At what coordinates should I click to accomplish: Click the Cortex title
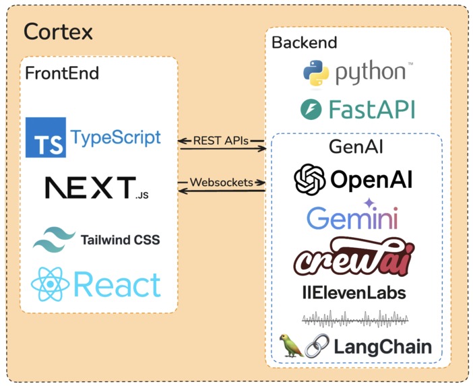tap(58, 32)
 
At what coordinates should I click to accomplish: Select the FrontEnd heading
tap(61, 73)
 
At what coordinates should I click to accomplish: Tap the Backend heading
tap(304, 42)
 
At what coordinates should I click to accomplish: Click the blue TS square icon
tap(45, 137)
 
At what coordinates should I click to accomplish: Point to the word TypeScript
tap(116, 138)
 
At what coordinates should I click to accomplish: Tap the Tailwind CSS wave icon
tap(54, 238)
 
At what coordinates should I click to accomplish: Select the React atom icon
tap(51, 284)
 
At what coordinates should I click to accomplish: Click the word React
tap(117, 285)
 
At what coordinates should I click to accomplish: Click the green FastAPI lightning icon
tap(313, 109)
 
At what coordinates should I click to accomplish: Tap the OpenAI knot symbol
tap(310, 179)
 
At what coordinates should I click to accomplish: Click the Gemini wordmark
tap(352, 217)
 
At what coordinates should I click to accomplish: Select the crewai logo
tap(354, 257)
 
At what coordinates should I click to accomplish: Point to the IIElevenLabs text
tap(354, 293)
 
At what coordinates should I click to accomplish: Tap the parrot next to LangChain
tap(290, 346)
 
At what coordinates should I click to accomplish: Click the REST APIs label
tap(221, 141)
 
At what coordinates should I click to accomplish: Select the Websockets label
tap(221, 182)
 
